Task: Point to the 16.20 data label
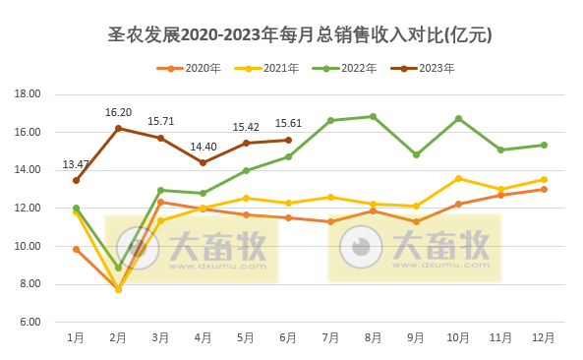(x=118, y=112)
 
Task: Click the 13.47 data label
(x=76, y=164)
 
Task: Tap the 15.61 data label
(x=288, y=124)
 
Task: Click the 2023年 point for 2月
(x=118, y=128)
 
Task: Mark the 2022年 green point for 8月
(x=373, y=116)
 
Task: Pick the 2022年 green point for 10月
(x=458, y=118)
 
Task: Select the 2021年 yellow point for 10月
(x=458, y=179)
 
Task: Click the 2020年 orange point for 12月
(x=544, y=189)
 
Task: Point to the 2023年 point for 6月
(x=288, y=140)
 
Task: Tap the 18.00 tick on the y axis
(x=28, y=94)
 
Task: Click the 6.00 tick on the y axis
(x=29, y=322)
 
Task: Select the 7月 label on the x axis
(x=330, y=337)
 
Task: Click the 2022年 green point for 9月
(x=416, y=154)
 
